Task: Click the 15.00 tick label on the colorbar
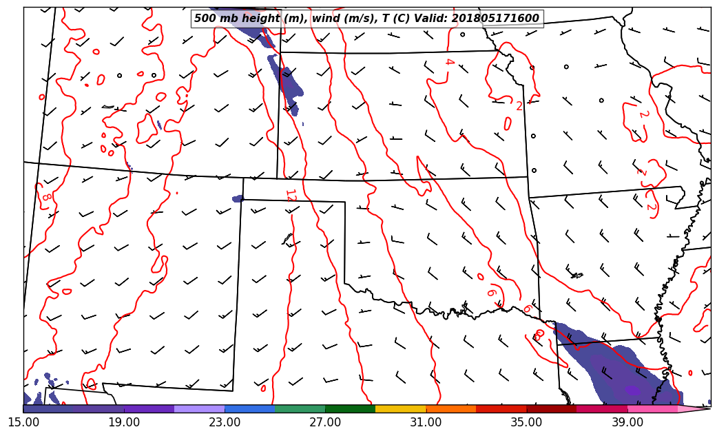(23, 422)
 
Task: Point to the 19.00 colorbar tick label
(124, 422)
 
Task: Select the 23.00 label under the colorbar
(225, 422)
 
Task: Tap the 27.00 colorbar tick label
(325, 422)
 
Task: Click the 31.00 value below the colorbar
(426, 422)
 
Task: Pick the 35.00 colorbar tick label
(526, 422)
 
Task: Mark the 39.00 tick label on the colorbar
(627, 422)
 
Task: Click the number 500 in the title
(205, 19)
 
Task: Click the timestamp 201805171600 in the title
(495, 19)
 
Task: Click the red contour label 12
(290, 196)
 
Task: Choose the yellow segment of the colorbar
(400, 409)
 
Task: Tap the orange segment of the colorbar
(450, 409)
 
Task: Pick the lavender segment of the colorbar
(199, 409)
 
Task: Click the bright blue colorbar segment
(249, 409)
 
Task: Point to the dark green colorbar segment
(350, 409)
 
